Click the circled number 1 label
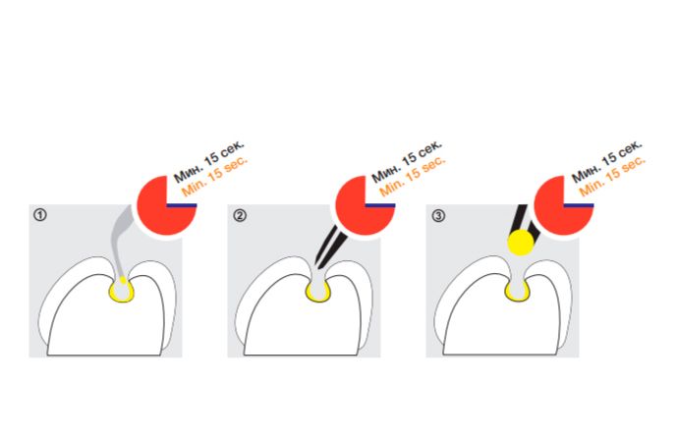pyautogui.click(x=40, y=215)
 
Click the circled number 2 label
pyautogui.click(x=240, y=215)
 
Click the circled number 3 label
pyautogui.click(x=438, y=215)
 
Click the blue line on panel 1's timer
pyautogui.click(x=182, y=205)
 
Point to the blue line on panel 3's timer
pyautogui.click(x=579, y=205)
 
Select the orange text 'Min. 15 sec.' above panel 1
pyautogui.click(x=214, y=176)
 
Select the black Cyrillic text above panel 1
pyautogui.click(x=208, y=161)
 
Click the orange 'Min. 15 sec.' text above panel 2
pyautogui.click(x=413, y=176)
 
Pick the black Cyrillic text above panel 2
pyautogui.click(x=407, y=161)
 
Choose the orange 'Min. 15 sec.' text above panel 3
pyautogui.click(x=612, y=176)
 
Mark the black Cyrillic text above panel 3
pyautogui.click(x=606, y=161)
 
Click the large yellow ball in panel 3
pyautogui.click(x=521, y=242)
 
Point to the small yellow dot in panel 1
pyautogui.click(x=123, y=280)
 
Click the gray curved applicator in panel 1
pyautogui.click(x=118, y=242)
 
